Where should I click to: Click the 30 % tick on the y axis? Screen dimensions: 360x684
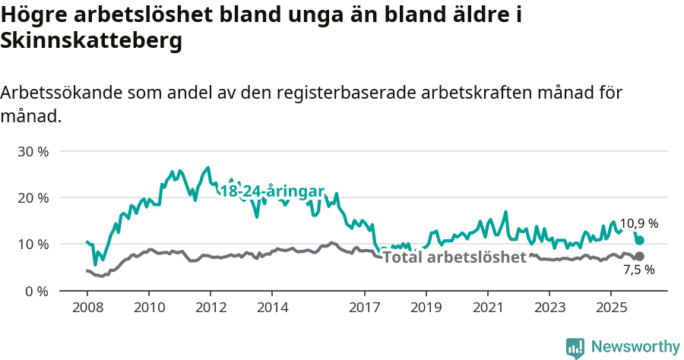(x=33, y=151)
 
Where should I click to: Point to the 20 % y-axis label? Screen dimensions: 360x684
(x=33, y=197)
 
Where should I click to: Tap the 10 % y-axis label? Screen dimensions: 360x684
(x=33, y=244)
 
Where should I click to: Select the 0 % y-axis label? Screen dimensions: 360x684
(x=36, y=291)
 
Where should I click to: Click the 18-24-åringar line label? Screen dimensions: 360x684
(x=272, y=191)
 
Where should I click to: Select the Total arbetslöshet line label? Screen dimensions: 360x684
(x=454, y=257)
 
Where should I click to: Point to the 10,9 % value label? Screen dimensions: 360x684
(x=638, y=223)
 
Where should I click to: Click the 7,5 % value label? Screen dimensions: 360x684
(x=638, y=270)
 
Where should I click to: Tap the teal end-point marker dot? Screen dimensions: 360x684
(x=640, y=240)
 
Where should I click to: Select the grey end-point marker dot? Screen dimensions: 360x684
(x=640, y=256)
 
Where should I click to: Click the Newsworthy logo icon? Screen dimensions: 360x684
(x=575, y=348)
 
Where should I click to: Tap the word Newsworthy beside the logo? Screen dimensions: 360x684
(x=635, y=347)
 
